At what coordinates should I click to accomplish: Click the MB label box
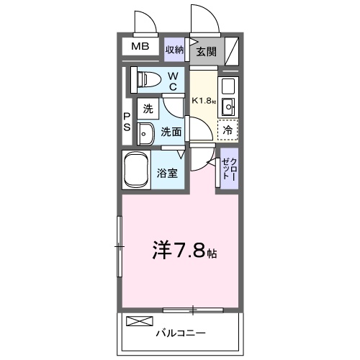point(140,48)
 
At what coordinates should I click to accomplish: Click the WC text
point(174,81)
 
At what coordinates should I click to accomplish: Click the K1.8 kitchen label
point(203,101)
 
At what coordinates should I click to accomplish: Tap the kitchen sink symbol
point(228,108)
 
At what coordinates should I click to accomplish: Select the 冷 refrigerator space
point(228,130)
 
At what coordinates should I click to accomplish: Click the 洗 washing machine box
point(148,110)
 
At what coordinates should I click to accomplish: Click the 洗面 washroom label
point(171,132)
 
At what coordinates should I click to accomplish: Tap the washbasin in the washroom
point(145,133)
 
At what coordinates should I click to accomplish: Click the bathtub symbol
point(137,170)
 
